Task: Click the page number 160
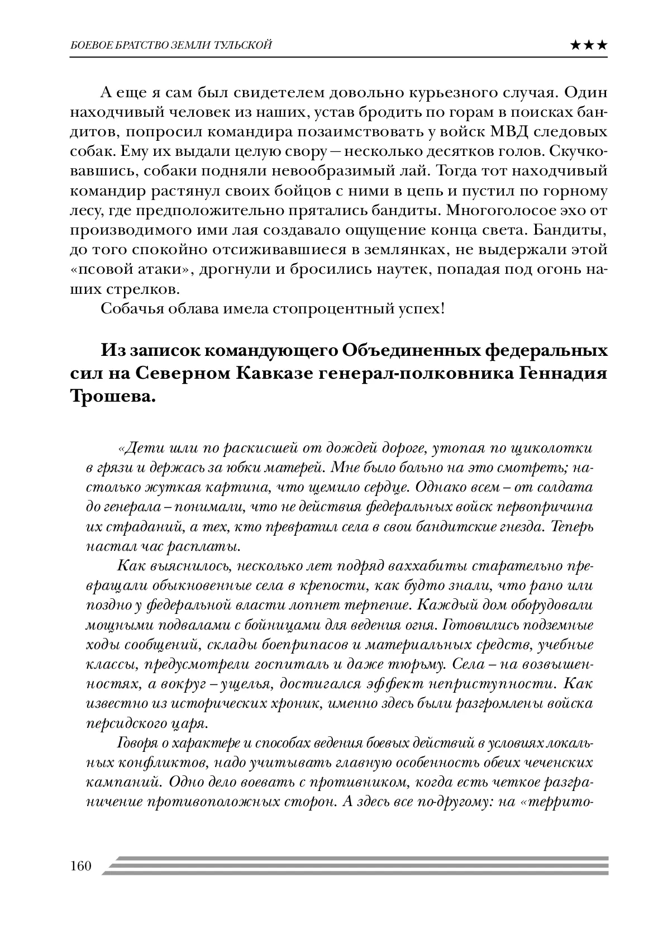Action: point(80,866)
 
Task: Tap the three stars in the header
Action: point(588,45)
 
